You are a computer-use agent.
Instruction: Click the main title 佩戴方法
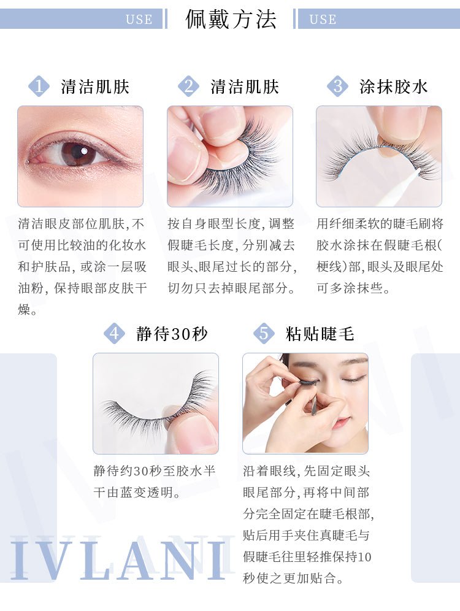tap(231, 19)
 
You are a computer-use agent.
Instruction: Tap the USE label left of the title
tap(139, 20)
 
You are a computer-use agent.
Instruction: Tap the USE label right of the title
tap(323, 20)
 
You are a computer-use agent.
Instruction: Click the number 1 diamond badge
tap(39, 86)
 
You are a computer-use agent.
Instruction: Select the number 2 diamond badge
tap(188, 86)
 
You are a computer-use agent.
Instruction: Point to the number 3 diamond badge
tap(338, 86)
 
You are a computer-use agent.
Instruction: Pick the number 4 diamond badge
tap(114, 334)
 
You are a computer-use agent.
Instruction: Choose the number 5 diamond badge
tap(264, 334)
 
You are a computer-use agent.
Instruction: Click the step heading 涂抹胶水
tap(393, 86)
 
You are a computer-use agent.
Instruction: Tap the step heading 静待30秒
tap(172, 334)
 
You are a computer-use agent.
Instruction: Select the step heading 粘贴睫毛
tap(320, 334)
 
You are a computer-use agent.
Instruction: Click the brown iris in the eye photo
tap(79, 153)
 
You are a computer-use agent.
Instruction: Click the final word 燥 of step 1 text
tap(24, 310)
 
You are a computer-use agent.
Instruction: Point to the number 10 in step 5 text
tap(364, 556)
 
